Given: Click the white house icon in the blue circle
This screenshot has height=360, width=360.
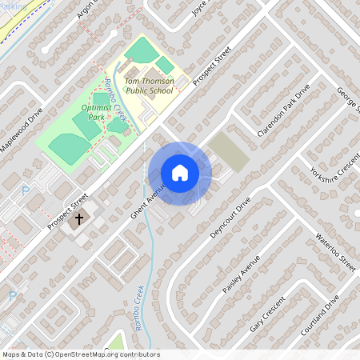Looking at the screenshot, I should [180, 172].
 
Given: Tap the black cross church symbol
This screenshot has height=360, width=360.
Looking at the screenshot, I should [79, 218].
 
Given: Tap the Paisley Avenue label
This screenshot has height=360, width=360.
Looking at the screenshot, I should [242, 274].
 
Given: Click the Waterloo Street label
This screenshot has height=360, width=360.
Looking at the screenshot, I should [335, 252].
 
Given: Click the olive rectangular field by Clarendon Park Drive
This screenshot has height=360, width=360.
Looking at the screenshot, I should [228, 151].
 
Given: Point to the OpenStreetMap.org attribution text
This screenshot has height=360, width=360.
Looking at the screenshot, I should [80, 354].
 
